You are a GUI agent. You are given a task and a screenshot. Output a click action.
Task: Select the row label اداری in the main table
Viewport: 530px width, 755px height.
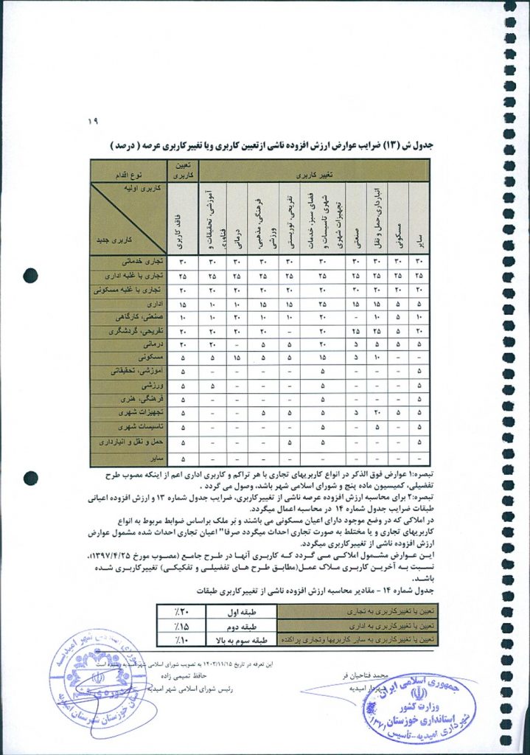[154, 303]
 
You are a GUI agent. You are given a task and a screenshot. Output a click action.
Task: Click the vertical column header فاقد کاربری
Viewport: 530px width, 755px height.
[182, 218]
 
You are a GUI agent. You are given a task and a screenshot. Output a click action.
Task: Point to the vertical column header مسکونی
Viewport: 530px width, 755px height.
[399, 218]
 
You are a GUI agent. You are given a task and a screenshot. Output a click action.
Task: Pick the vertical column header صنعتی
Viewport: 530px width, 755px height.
[355, 218]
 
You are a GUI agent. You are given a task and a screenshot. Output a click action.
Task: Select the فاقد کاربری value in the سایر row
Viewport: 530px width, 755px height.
[182, 458]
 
